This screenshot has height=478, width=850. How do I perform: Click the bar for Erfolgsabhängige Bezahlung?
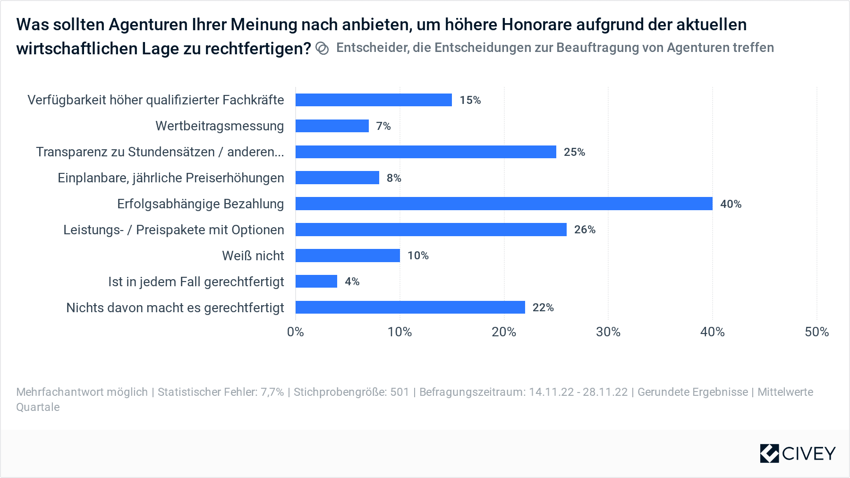(x=503, y=204)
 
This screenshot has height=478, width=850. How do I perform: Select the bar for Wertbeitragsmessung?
(x=332, y=126)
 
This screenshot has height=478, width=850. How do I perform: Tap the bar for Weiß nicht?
(x=348, y=256)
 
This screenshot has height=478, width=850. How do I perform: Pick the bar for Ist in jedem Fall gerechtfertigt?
(x=316, y=282)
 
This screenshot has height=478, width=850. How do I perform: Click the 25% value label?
(x=574, y=152)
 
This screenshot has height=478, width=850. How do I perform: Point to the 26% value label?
(x=585, y=230)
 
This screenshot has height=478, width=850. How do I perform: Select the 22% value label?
(x=543, y=307)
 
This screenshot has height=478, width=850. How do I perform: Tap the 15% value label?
(x=470, y=100)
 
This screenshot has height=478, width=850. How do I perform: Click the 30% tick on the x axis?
(x=608, y=332)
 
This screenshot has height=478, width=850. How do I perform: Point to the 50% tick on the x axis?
(x=816, y=332)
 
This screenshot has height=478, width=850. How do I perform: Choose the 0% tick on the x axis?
(x=296, y=332)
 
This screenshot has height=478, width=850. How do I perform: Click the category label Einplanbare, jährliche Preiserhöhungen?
(x=171, y=178)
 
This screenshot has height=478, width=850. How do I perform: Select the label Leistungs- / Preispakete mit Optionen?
(x=174, y=230)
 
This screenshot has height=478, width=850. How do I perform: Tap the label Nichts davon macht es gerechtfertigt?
(x=175, y=308)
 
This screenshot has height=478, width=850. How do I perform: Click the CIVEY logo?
(x=798, y=453)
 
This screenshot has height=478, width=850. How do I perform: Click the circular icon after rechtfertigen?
(x=322, y=49)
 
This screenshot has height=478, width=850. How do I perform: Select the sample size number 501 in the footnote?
(x=399, y=392)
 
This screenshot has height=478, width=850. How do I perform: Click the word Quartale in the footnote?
(x=38, y=407)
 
